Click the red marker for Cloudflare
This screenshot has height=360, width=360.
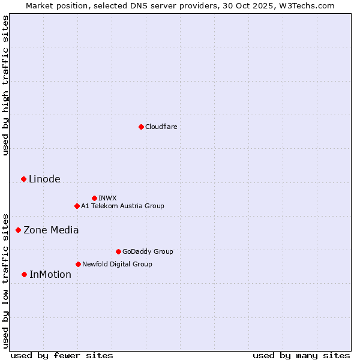click(141, 127)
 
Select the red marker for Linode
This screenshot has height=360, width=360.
click(23, 179)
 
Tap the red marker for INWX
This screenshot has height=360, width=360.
click(94, 198)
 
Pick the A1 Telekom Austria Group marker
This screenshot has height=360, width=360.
click(77, 206)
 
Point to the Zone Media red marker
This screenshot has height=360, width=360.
click(18, 230)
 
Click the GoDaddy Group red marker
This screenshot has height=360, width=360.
click(118, 251)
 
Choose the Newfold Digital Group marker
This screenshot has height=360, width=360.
click(78, 264)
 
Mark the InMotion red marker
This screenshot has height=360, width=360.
click(24, 274)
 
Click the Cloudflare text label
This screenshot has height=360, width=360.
click(161, 127)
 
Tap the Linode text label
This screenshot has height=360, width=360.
click(44, 179)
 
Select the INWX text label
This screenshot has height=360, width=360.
click(107, 198)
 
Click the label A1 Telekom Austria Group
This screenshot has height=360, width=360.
click(122, 206)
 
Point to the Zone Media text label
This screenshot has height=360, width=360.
click(51, 230)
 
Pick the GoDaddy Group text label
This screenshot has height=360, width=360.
click(147, 251)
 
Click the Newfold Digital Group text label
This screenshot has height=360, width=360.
click(117, 264)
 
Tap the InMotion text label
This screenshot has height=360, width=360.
click(50, 274)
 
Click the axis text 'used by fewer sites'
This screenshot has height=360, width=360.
click(62, 355)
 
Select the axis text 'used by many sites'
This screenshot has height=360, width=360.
click(301, 355)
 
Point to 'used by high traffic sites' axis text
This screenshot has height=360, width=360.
click(5, 85)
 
